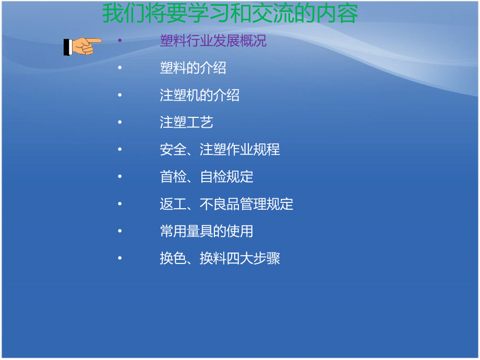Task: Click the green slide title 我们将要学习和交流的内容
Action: (230, 14)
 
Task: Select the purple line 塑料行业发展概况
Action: (213, 41)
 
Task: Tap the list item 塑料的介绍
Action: (193, 68)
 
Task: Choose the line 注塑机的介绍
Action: (199, 95)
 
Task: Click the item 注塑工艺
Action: (186, 122)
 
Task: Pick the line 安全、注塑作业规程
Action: (220, 150)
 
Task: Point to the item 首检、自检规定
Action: (206, 177)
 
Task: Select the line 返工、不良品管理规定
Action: (226, 204)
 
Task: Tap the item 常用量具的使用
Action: (206, 231)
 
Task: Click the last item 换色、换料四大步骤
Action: (220, 258)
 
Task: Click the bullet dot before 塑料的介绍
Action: (119, 68)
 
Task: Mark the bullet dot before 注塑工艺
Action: (119, 122)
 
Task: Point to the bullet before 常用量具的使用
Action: (119, 231)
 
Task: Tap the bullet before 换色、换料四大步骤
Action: (119, 258)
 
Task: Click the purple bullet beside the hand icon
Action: (119, 41)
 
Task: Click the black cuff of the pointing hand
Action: (67, 47)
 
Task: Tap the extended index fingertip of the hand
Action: (100, 40)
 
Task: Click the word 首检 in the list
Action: (173, 177)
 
